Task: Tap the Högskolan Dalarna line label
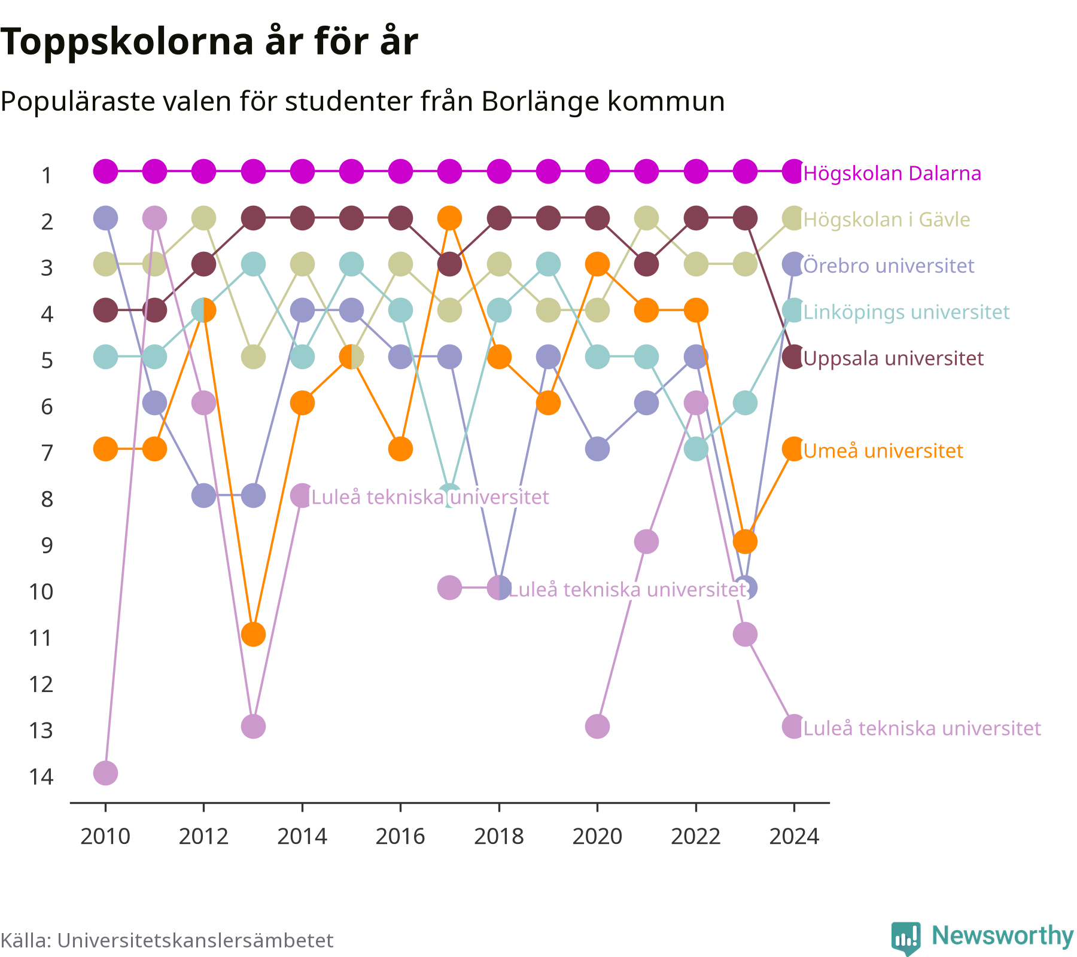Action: click(892, 173)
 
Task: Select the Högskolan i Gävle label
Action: click(887, 220)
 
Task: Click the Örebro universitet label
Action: click(889, 266)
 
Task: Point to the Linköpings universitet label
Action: click(906, 312)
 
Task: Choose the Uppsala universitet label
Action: click(893, 359)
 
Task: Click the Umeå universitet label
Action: click(883, 451)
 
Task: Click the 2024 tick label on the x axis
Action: click(794, 836)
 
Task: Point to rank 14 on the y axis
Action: click(41, 777)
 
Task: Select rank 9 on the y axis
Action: click(47, 545)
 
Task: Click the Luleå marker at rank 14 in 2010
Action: click(105, 773)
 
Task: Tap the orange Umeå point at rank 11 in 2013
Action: click(253, 634)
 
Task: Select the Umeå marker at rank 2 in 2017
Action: click(449, 218)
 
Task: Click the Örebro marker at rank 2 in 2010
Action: click(105, 218)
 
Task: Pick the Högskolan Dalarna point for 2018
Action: click(499, 172)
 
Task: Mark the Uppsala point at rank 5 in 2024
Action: click(794, 357)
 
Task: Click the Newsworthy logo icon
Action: click(906, 938)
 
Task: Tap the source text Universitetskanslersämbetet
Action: click(195, 940)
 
